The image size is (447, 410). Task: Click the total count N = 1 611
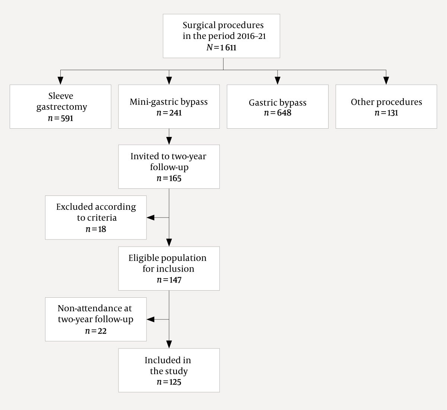[221, 48]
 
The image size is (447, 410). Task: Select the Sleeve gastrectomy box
[60, 107]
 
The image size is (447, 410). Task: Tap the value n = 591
[60, 118]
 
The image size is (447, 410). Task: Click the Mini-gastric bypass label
[169, 102]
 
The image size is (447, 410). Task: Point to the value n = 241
[169, 113]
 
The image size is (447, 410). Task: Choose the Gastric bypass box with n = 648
[278, 107]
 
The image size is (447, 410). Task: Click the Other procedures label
[386, 102]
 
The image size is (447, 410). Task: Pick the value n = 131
[386, 113]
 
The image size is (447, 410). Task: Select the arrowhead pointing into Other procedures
[386, 81]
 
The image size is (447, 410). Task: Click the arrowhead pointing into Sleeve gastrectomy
[60, 81]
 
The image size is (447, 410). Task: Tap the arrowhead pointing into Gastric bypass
[278, 81]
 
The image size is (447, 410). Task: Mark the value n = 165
[169, 178]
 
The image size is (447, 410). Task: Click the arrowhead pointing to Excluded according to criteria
[150, 217]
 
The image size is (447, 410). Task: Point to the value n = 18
[96, 229]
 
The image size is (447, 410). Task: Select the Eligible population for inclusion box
[169, 268]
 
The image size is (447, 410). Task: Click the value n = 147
[169, 280]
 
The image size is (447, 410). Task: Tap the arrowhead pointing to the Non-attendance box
[150, 319]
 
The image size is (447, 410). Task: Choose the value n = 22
[96, 331]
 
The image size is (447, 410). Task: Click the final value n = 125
[169, 382]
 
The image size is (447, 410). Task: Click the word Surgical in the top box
[199, 25]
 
